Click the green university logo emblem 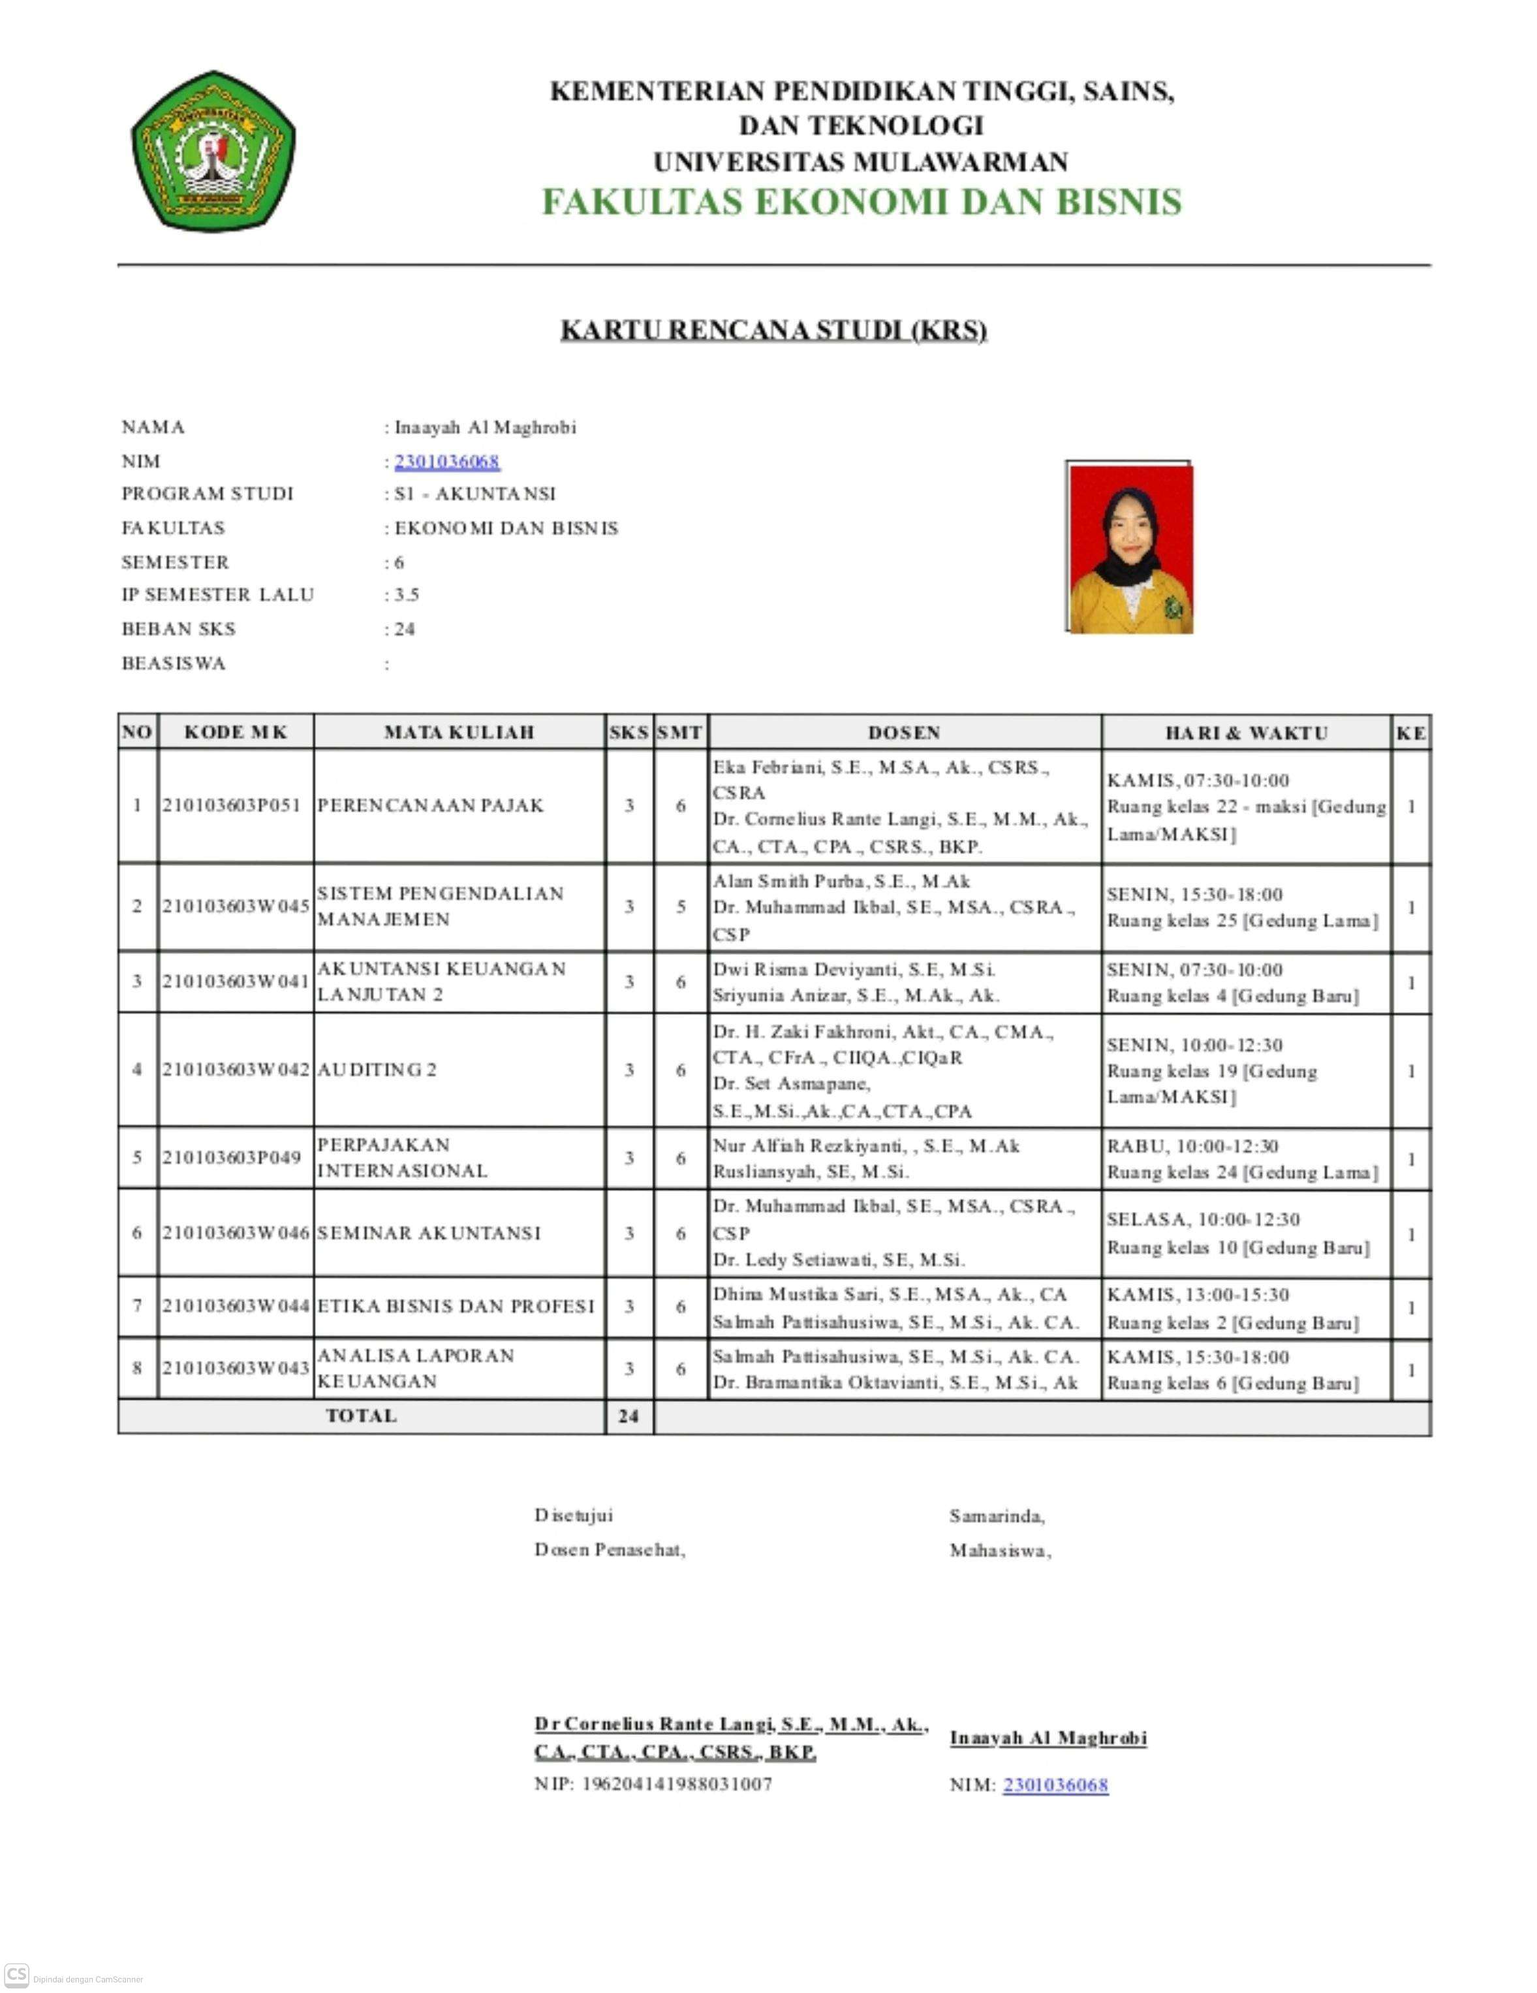pyautogui.click(x=213, y=151)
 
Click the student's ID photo pyautogui.click(x=1128, y=547)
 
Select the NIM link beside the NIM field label pyautogui.click(x=447, y=462)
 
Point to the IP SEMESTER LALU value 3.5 pyautogui.click(x=407, y=595)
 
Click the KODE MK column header pyautogui.click(x=236, y=732)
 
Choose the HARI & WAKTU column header pyautogui.click(x=1246, y=733)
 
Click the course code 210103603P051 pyautogui.click(x=232, y=806)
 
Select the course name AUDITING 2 pyautogui.click(x=377, y=1070)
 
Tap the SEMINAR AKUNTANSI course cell pyautogui.click(x=429, y=1234)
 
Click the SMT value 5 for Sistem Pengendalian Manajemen pyautogui.click(x=681, y=907)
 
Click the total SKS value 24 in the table pyautogui.click(x=629, y=1417)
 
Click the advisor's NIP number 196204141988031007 pyautogui.click(x=677, y=1783)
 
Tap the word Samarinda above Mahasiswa pyautogui.click(x=996, y=1516)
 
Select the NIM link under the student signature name pyautogui.click(x=1055, y=1785)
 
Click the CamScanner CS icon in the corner pyautogui.click(x=16, y=1974)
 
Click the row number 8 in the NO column pyautogui.click(x=138, y=1368)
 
